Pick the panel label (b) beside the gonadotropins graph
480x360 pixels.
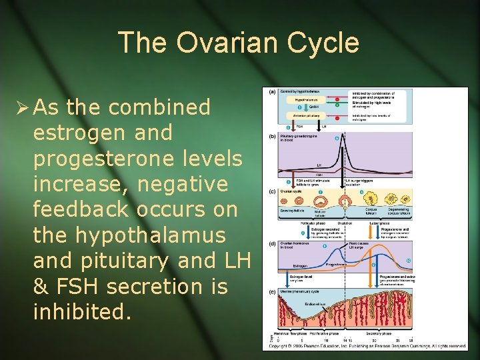(273, 135)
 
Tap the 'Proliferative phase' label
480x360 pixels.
(323, 333)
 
